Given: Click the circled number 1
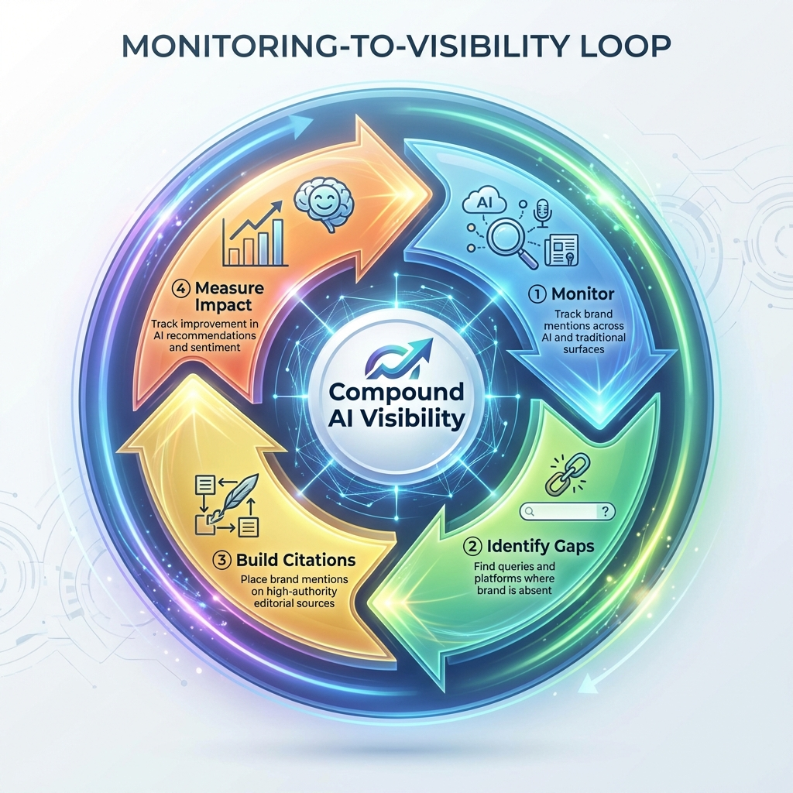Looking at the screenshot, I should coord(537,294).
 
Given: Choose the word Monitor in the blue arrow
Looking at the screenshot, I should coord(583,294).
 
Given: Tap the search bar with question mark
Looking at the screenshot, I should coord(568,510).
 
